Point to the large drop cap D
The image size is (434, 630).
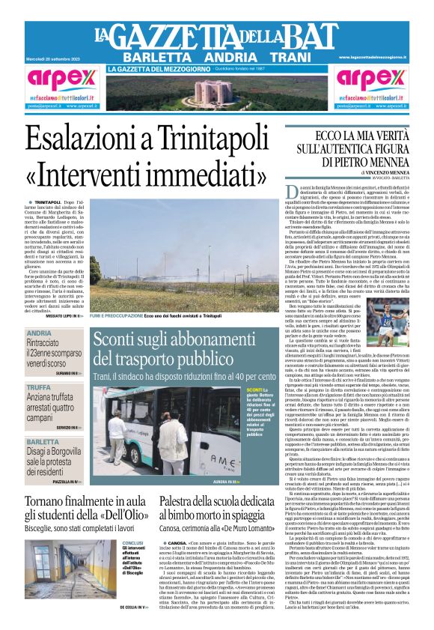pyautogui.click(x=293, y=193)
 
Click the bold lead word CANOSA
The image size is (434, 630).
pyautogui.click(x=178, y=542)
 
